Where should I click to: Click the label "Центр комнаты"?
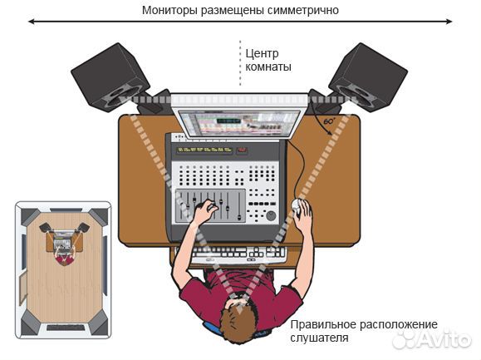pos(267,59)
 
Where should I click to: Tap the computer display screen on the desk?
pos(239,121)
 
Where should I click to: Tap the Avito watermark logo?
pos(432,339)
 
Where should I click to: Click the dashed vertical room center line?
pos(239,62)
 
